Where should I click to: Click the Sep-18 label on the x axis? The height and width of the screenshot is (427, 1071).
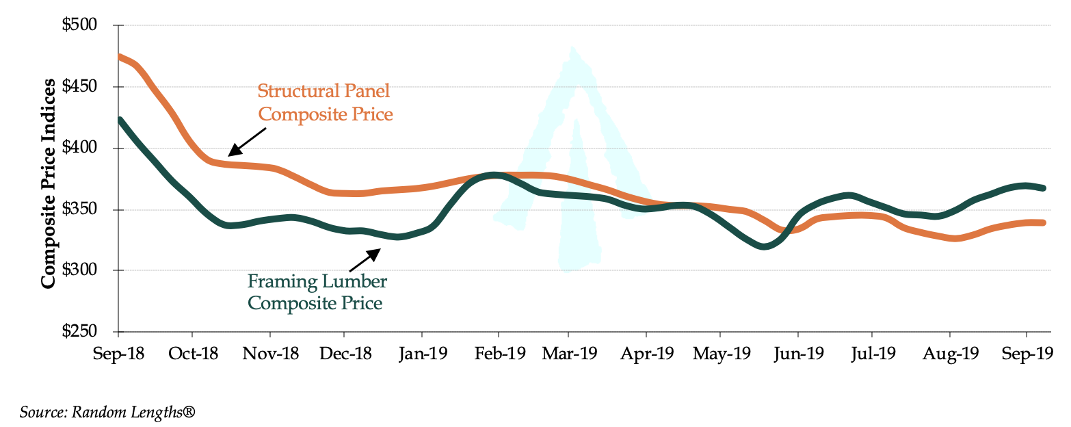coord(118,354)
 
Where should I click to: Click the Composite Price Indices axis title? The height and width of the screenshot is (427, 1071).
coord(48,183)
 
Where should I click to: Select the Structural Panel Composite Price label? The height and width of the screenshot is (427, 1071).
coord(326,102)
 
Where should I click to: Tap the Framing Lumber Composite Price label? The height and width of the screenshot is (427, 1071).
coord(317,292)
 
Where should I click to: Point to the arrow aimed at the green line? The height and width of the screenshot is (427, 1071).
coord(365,260)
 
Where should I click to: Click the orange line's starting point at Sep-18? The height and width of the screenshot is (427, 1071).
coord(120,57)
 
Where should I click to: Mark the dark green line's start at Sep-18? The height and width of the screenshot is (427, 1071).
coord(120,120)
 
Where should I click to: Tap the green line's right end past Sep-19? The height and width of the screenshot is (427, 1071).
coord(1044,187)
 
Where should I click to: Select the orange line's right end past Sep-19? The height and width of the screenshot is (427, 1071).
coord(1044,222)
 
